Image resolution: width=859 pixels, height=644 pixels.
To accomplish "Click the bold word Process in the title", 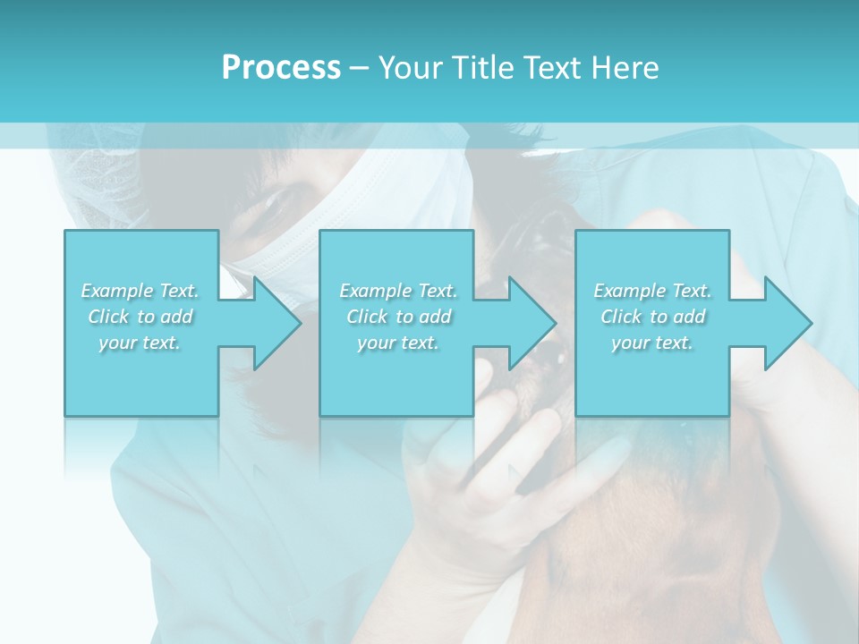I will pyautogui.click(x=281, y=68).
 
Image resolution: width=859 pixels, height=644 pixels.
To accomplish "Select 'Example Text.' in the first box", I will pyautogui.click(x=140, y=291).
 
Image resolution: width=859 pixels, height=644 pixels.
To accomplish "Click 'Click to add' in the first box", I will pyautogui.click(x=140, y=317).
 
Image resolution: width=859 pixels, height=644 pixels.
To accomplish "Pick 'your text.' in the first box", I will pyautogui.click(x=140, y=343).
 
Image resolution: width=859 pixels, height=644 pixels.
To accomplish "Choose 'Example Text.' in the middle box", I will pyautogui.click(x=398, y=291).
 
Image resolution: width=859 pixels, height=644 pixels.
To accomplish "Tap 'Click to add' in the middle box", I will pyautogui.click(x=398, y=317).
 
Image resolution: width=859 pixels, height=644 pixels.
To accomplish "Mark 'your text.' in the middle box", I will pyautogui.click(x=398, y=343).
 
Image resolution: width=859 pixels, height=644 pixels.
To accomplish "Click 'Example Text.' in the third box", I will pyautogui.click(x=652, y=291).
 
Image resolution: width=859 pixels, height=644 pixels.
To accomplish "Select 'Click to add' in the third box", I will pyautogui.click(x=652, y=317).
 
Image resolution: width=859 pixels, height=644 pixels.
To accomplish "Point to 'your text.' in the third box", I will pyautogui.click(x=652, y=343).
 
